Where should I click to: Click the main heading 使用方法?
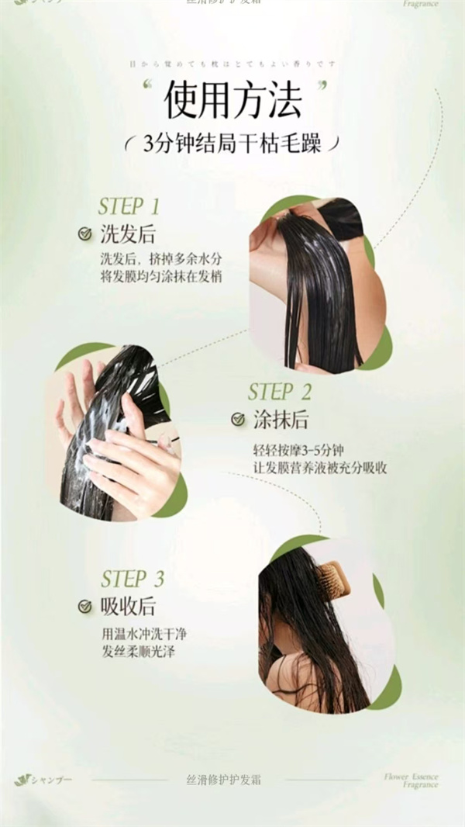point(232,102)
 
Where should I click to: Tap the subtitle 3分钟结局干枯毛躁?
point(232,144)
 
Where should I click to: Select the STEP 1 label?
point(129,206)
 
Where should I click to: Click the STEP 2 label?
point(280,392)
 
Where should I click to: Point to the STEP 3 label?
point(133,579)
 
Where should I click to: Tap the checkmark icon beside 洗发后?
point(85,234)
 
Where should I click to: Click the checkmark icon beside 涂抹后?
point(238,420)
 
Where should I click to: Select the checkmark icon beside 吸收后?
point(85,607)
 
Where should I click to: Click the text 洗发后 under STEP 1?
point(127,234)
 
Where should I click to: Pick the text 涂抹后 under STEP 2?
point(281,420)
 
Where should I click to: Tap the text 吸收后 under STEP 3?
point(128,607)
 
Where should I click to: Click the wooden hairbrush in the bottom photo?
point(333,581)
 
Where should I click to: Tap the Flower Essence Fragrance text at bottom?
point(411,780)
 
